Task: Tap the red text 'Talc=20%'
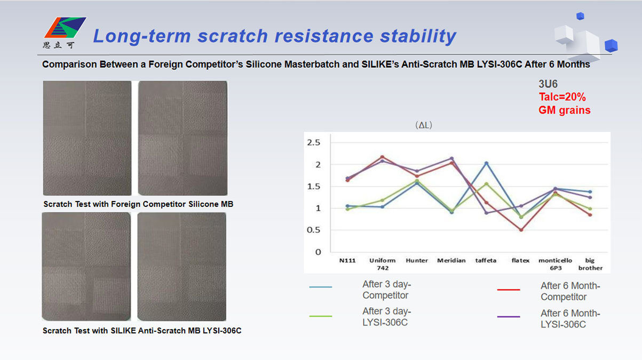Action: coord(562,97)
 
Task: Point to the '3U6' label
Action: coord(548,84)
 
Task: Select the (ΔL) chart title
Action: coord(424,125)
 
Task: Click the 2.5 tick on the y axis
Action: coord(314,142)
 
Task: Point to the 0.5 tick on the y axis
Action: coord(313,230)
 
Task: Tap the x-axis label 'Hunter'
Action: coord(417,261)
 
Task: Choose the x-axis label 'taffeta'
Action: coord(486,261)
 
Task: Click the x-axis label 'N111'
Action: coord(347,261)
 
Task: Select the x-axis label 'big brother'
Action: coord(590,264)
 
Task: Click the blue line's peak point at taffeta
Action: coord(486,163)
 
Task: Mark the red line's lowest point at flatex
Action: coord(521,230)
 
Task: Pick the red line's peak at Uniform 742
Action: coord(382,157)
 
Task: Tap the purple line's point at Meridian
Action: coord(451,158)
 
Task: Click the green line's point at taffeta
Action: coord(486,184)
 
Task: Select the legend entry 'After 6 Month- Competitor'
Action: coord(549,291)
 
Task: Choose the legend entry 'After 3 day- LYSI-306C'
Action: coord(360,316)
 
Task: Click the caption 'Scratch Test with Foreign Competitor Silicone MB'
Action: coord(138,204)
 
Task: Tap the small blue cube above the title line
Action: coord(580,16)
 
